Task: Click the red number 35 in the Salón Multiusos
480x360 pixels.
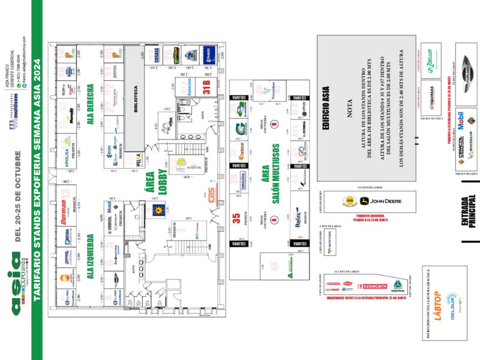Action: (x=236, y=219)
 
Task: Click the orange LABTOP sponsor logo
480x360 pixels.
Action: (x=437, y=307)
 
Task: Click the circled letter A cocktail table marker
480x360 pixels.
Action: (x=274, y=220)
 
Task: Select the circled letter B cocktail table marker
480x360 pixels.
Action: (x=274, y=124)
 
